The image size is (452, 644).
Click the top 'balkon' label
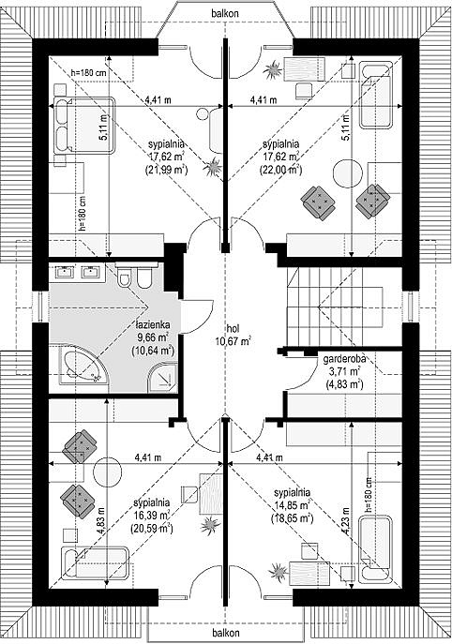[x=225, y=13]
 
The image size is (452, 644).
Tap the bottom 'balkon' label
[x=226, y=632]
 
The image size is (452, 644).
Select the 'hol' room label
[x=233, y=328]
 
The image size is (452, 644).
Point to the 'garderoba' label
[x=344, y=359]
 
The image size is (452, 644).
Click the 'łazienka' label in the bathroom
[x=153, y=325]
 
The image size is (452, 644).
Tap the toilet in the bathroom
[x=124, y=277]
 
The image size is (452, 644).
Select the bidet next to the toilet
[x=143, y=278]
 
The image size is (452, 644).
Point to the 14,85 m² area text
[x=292, y=504]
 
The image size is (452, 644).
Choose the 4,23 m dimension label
[x=348, y=520]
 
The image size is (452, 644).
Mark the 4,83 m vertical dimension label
[x=101, y=520]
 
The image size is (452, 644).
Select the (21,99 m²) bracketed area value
[x=166, y=170]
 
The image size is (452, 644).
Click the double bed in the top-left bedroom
[x=83, y=126]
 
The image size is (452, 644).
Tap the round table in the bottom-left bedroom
[x=108, y=472]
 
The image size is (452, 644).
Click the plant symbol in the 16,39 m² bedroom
[x=210, y=525]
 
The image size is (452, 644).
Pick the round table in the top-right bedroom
[x=348, y=173]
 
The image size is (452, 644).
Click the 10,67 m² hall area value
[x=233, y=340]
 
